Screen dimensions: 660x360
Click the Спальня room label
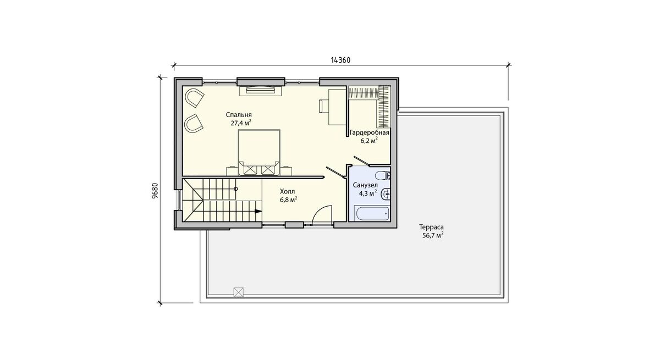[x=239, y=115]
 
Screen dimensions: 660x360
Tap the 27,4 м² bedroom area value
[x=241, y=123]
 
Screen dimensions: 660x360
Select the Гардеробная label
[x=370, y=133]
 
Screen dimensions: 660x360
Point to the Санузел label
[x=365, y=185]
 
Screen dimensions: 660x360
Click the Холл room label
[x=287, y=191]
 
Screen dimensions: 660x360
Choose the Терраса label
[x=431, y=227]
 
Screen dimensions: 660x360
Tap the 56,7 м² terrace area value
[x=433, y=235]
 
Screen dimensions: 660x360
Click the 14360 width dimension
[x=340, y=60]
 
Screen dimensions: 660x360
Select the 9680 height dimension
[x=155, y=191]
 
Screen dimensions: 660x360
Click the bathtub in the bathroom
[x=372, y=213]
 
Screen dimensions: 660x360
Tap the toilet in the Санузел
[x=383, y=176]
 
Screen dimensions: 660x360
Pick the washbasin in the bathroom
[x=386, y=194]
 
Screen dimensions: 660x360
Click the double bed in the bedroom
[x=259, y=152]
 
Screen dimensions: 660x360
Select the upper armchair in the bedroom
[x=194, y=98]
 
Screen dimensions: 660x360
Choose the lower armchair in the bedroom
[x=194, y=123]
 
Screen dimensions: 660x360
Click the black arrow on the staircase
[x=258, y=211]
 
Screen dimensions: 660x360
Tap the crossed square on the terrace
[x=238, y=292]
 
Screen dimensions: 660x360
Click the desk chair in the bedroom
[x=323, y=106]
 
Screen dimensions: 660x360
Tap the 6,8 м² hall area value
[x=288, y=200]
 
